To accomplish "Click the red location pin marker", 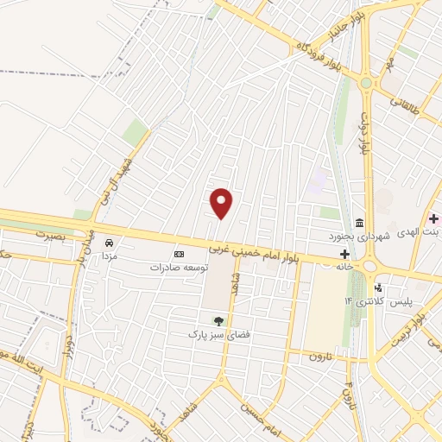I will point(222,202).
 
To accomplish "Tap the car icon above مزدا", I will point(110,243).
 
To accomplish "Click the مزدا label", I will point(110,256).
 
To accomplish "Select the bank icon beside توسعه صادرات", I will point(179,254).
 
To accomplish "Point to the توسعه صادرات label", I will point(179,268).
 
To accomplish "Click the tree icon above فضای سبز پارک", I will point(218,320).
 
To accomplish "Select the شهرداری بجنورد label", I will point(359,235).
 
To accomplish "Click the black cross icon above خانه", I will point(345,254).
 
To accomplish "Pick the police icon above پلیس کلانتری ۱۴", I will point(377,288).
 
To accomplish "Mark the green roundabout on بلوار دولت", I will point(369,83).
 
